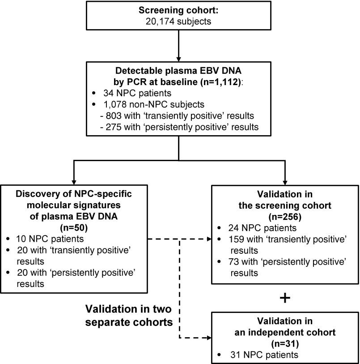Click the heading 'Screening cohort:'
tap(178, 10)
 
